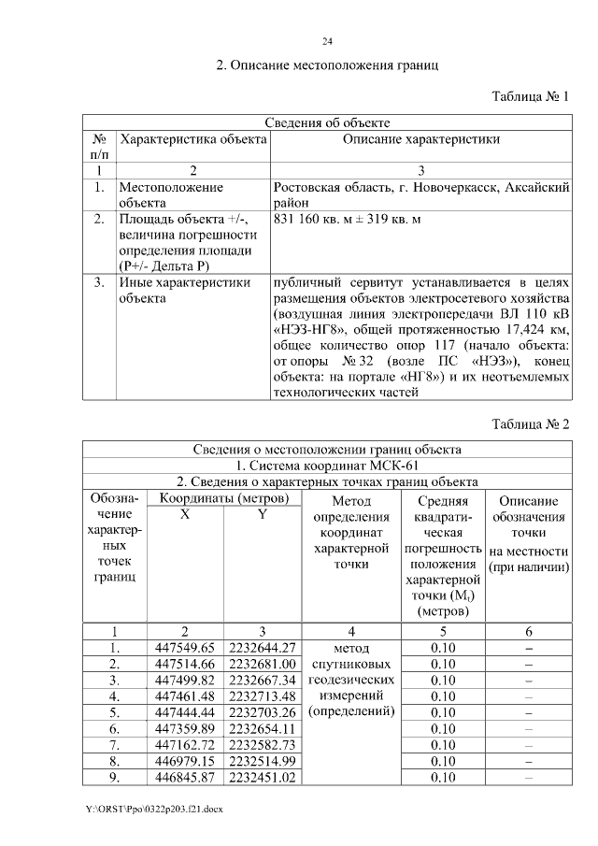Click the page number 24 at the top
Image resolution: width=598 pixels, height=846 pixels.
point(327,41)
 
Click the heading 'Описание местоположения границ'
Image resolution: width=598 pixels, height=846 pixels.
point(327,65)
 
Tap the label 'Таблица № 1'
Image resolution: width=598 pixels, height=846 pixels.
point(530,97)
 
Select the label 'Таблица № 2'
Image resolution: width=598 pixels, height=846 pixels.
point(530,424)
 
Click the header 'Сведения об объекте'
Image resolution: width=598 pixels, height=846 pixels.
point(327,122)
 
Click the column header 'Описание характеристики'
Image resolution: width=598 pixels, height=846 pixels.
point(420,139)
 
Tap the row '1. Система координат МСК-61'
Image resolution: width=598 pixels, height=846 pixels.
point(327,465)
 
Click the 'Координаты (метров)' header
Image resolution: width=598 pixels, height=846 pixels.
point(221,498)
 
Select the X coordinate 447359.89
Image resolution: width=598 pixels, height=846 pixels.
point(184,727)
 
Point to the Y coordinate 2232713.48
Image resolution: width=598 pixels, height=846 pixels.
point(262,695)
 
